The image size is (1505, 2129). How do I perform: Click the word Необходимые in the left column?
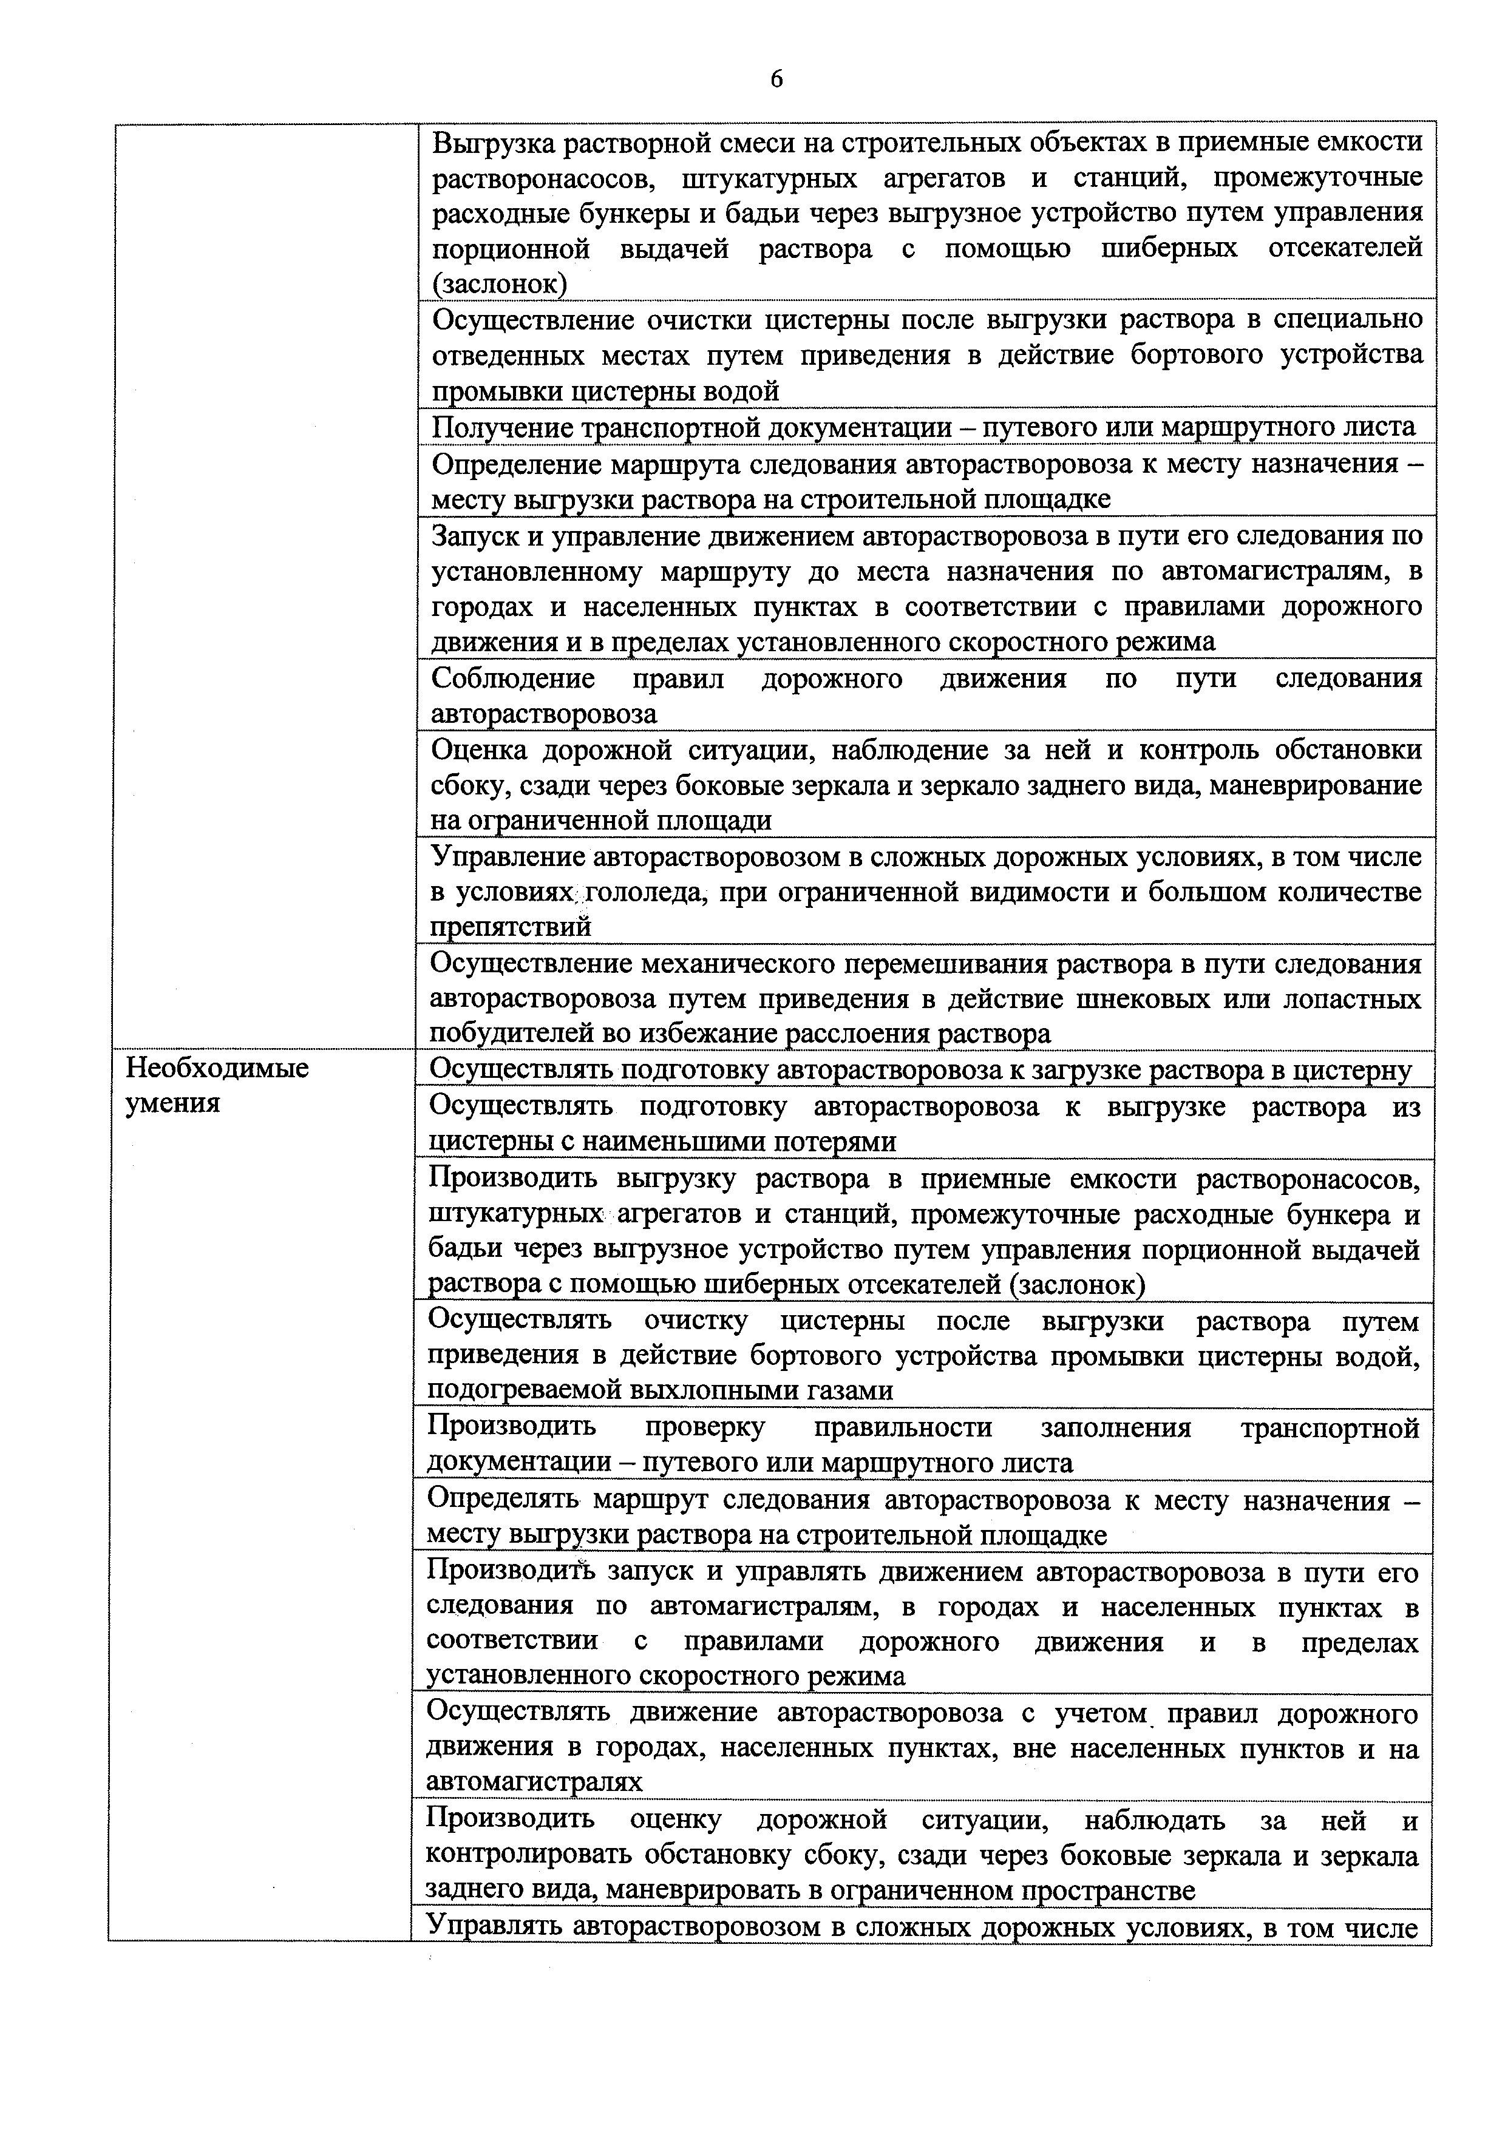(217, 1068)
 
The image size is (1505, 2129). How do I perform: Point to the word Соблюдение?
(513, 679)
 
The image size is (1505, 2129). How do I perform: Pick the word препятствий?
(511, 926)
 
